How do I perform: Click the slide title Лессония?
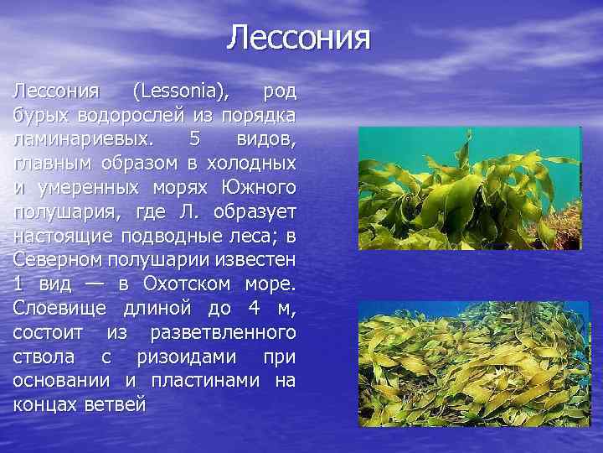[298, 39]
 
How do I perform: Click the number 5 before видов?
[195, 138]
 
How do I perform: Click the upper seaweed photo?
[469, 188]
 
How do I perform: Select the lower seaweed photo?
[469, 363]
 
